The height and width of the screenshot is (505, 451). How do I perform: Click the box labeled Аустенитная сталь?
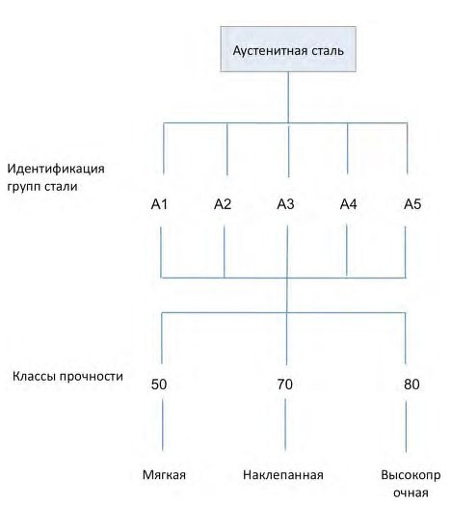coord(288,49)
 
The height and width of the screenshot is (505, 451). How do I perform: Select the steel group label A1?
coord(159,204)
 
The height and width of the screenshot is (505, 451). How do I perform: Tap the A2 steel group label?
coord(223,204)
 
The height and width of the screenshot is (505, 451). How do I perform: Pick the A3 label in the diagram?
coord(286,204)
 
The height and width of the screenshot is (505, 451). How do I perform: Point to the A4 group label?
coord(349,204)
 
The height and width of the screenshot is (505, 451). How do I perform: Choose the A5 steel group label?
coord(412,204)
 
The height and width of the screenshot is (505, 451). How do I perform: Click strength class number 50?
coord(159,385)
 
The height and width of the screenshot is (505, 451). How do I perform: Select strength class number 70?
coord(285,385)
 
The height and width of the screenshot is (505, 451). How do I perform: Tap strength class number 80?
coord(411,385)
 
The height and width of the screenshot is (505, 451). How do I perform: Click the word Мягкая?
coord(164,475)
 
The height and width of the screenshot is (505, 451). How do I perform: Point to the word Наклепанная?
coord(283,475)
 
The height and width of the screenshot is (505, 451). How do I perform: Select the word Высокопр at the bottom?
coord(411,475)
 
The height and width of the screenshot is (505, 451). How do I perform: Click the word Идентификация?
coord(56,169)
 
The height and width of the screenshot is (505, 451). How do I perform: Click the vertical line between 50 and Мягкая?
coord(162,425)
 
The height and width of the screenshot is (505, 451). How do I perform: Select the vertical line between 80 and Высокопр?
coord(406,427)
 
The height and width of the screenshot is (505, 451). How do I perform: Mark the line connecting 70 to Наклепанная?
coord(285,424)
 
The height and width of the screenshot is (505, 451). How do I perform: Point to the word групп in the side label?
coord(24,187)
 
